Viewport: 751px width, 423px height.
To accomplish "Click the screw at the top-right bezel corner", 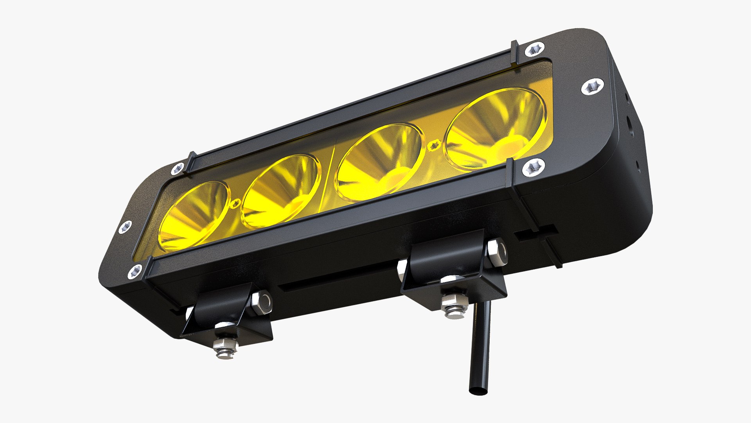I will [x=535, y=50].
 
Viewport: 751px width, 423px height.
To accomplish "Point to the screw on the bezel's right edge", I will [x=592, y=87].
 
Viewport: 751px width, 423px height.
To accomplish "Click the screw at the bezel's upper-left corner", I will [x=178, y=168].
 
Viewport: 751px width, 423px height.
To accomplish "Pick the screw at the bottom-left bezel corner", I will [x=135, y=270].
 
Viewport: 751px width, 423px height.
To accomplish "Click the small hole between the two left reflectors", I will [x=236, y=203].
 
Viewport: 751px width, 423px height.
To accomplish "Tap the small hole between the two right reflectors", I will [x=433, y=146].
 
